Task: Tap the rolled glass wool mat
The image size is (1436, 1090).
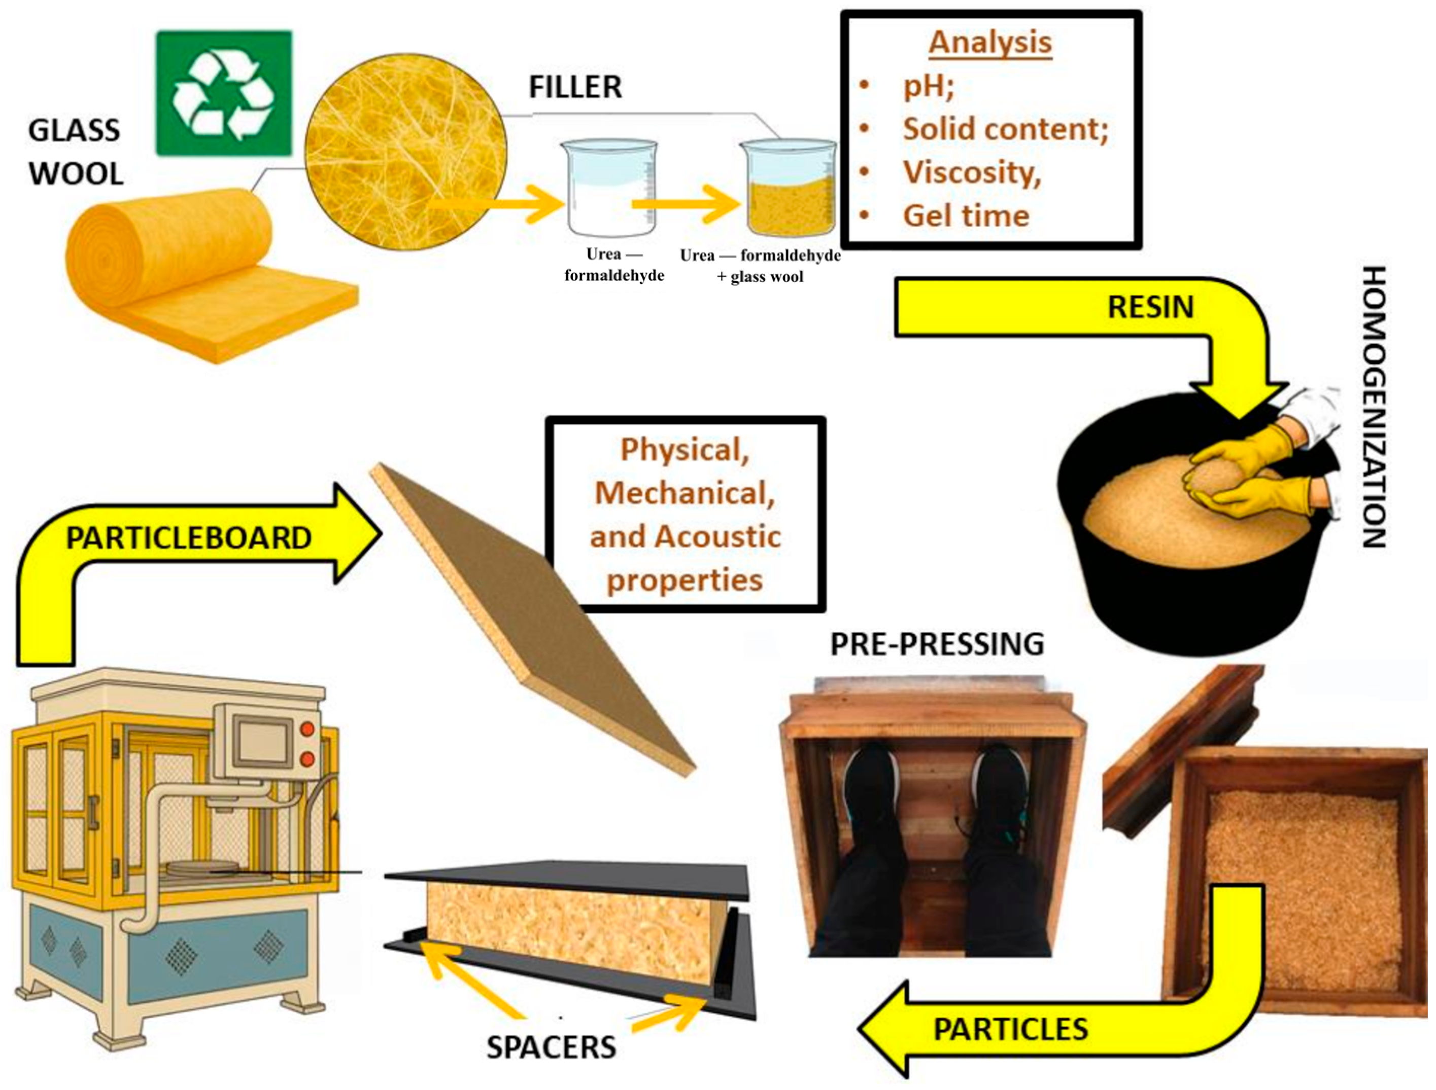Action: point(195,273)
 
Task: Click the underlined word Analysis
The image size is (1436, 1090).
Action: point(989,43)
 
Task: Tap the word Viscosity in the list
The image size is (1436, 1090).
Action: point(971,172)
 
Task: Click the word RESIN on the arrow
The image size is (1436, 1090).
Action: point(1150,307)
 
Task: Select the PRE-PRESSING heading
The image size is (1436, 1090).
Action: point(937,644)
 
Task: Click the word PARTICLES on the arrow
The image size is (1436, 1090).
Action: point(1010,1030)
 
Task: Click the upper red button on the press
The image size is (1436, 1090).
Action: point(307,729)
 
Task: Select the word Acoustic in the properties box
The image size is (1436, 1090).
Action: point(716,536)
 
